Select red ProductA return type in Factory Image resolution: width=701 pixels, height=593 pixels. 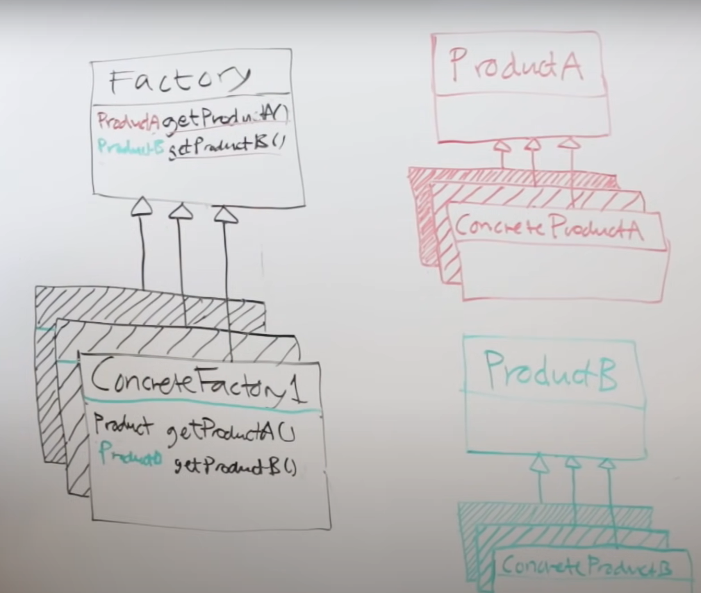[129, 121]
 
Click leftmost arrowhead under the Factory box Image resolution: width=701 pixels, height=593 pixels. [141, 206]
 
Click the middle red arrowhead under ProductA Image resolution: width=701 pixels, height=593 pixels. [532, 144]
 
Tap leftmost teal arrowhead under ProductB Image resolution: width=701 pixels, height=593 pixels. [539, 463]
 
